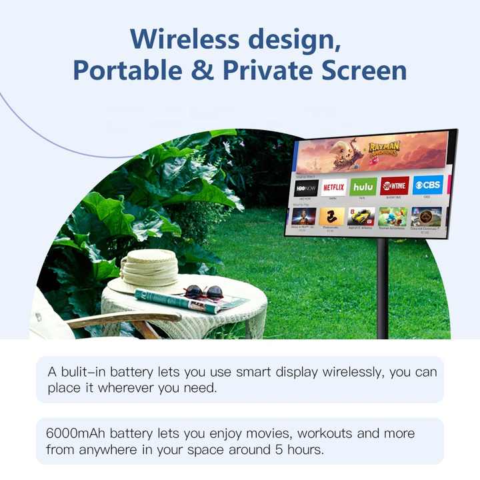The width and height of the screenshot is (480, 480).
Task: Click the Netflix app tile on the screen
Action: [333, 187]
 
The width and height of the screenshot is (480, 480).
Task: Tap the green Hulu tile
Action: [363, 187]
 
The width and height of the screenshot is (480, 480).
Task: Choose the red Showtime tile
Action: [394, 185]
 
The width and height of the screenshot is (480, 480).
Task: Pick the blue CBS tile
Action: [427, 184]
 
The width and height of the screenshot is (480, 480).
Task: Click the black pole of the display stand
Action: [383, 287]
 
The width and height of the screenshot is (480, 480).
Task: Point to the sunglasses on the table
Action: [203, 291]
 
